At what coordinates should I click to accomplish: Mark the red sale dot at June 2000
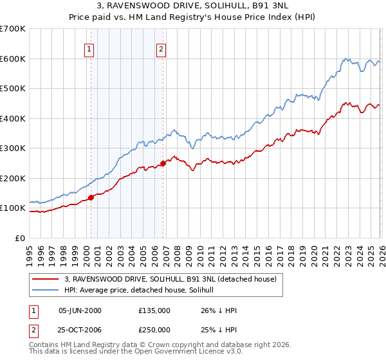click(x=91, y=197)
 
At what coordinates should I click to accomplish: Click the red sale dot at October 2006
click(x=163, y=163)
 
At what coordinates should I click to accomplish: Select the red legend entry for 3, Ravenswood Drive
click(x=170, y=279)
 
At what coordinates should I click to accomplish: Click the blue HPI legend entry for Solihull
click(x=143, y=290)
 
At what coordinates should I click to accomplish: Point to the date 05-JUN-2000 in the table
click(x=80, y=310)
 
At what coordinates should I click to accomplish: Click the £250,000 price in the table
click(x=154, y=330)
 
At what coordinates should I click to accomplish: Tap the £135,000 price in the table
click(x=154, y=310)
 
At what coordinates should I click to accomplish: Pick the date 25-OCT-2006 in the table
click(x=80, y=330)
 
